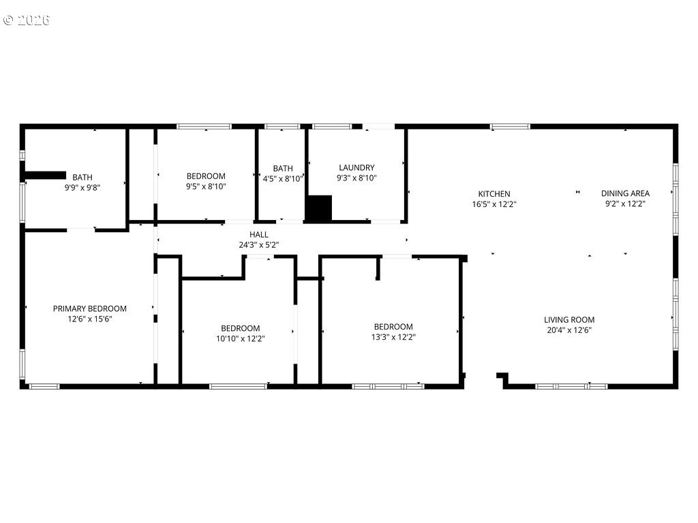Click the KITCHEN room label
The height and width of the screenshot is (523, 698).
point(494,194)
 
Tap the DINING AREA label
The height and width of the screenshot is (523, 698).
point(625,193)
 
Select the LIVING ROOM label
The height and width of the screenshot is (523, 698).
point(569,320)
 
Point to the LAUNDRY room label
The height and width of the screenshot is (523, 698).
point(356,168)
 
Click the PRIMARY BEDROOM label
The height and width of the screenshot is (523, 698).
point(90,308)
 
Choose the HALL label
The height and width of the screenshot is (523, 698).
point(259,234)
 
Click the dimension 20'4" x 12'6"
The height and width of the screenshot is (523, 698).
point(569,330)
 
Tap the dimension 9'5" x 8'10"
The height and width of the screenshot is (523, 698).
point(206,186)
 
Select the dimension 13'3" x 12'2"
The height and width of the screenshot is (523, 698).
point(393,336)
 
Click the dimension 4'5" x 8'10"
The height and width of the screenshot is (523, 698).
point(283,178)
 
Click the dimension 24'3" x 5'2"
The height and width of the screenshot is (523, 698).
point(259,244)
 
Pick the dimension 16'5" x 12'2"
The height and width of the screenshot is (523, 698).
point(494,204)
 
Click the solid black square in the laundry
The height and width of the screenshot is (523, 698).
point(318,208)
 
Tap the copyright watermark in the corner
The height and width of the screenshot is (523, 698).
point(27,20)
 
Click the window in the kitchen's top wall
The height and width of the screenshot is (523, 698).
point(510,126)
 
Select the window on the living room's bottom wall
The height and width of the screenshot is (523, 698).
point(571,386)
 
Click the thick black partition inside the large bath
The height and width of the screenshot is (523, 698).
point(45,176)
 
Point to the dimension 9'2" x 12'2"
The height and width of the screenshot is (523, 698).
point(625,203)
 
